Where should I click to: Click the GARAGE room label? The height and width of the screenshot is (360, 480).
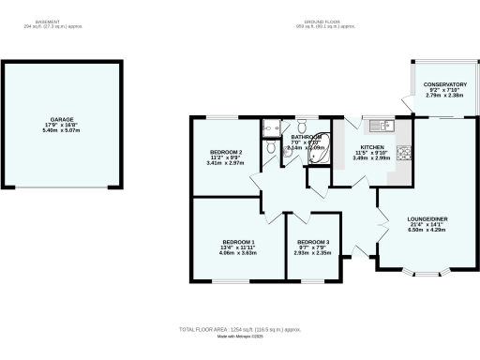pyautogui.click(x=62, y=119)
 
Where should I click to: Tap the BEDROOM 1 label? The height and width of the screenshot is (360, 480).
pyautogui.click(x=238, y=242)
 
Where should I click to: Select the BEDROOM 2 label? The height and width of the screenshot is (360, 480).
pyautogui.click(x=224, y=152)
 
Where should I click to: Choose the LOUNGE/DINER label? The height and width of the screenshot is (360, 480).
pyautogui.click(x=426, y=218)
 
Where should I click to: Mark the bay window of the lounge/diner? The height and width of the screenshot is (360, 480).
pyautogui.click(x=426, y=273)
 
